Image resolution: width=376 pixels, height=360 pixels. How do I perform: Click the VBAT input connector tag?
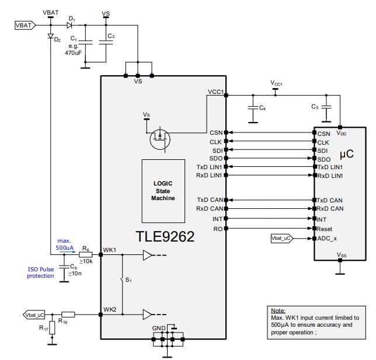(25, 26)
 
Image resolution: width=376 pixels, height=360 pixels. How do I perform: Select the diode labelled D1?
(71, 26)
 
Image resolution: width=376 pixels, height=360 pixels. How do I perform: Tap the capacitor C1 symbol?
(85, 43)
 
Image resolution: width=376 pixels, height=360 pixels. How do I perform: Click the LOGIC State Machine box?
(164, 190)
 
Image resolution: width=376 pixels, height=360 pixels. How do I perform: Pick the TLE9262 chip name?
(165, 237)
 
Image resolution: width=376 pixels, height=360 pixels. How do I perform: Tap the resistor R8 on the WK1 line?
(86, 254)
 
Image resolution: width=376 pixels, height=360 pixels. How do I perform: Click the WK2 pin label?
(110, 309)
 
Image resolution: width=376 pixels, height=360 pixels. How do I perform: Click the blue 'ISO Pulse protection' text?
(40, 272)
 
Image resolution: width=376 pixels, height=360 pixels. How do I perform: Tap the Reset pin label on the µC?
(325, 229)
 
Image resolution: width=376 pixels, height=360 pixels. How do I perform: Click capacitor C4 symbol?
(252, 107)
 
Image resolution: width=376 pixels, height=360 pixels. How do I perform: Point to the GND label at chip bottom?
(158, 328)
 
